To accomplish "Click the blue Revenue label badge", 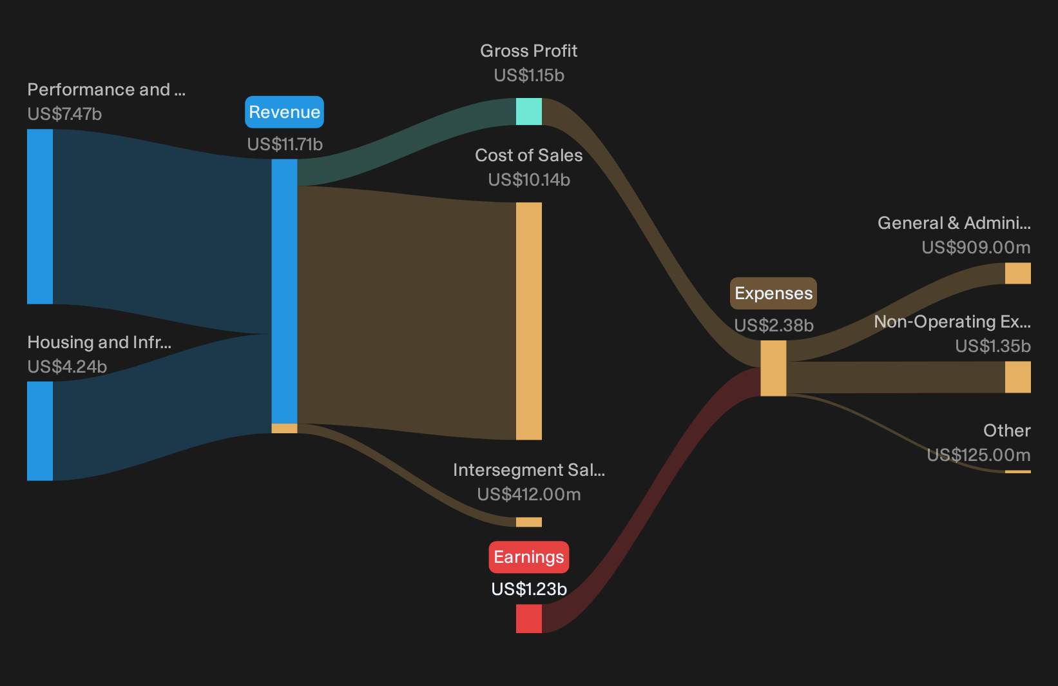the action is coord(284,112).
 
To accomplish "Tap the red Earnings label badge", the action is coord(529,557).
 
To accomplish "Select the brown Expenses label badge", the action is coord(773,293).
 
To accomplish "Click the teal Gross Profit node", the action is coord(529,112).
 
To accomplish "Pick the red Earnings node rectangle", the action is coord(529,618).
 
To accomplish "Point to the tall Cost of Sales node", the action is coord(529,321).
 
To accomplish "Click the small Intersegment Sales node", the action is coord(529,522).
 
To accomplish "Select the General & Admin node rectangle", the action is coord(1018,273).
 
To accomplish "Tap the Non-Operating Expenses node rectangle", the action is coord(1018,377).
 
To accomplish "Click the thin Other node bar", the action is coord(1018,472).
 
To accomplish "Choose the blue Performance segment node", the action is coord(40,217).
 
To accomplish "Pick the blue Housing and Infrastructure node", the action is coord(40,431).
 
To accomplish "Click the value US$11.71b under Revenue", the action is coord(285,144).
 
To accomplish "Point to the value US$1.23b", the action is coord(529,589).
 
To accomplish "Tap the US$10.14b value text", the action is coord(529,180).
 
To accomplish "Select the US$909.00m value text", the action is coord(976,248).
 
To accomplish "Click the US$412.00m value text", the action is coord(529,495).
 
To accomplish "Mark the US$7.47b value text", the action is coord(64,114).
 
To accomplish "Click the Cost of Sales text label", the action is coord(529,155).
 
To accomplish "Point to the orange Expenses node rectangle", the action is coord(773,368).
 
